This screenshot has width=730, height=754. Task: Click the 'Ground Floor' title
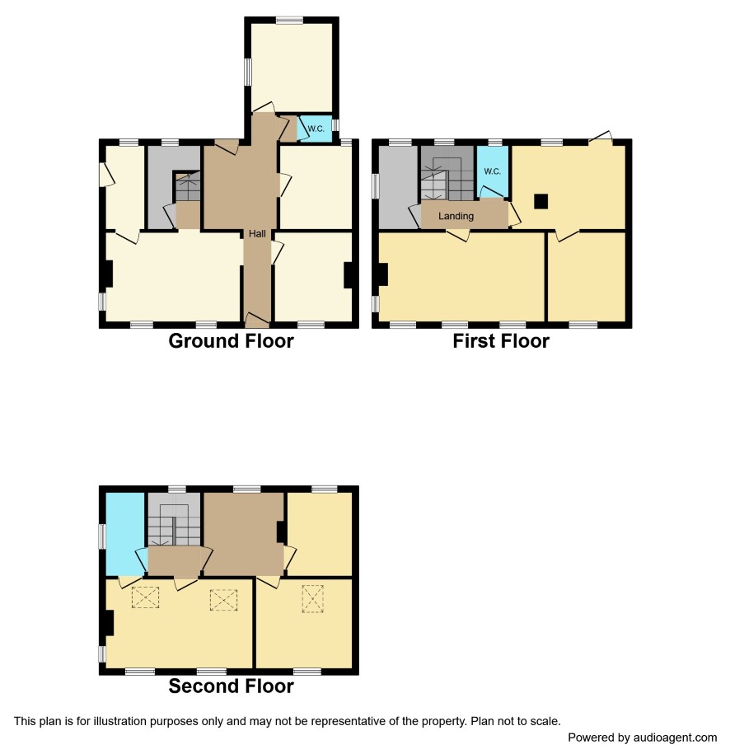tap(231, 341)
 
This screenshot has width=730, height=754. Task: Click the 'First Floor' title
tap(501, 341)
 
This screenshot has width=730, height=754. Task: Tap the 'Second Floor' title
tap(231, 686)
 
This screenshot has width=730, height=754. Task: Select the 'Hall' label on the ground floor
tap(257, 234)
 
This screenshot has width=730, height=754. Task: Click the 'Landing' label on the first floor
tap(456, 216)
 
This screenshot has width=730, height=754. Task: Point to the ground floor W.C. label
tap(316, 129)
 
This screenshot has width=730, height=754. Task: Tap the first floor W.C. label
tap(493, 171)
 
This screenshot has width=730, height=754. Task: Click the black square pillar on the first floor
tap(541, 201)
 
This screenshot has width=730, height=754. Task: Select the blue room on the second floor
tap(124, 534)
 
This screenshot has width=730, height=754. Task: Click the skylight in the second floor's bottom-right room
tap(312, 599)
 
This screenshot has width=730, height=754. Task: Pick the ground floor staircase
tap(188, 185)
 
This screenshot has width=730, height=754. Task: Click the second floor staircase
tap(174, 525)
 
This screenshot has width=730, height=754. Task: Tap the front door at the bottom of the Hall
tap(257, 319)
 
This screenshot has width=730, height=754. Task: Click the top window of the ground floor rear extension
tap(289, 21)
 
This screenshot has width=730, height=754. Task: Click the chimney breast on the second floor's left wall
tap(109, 623)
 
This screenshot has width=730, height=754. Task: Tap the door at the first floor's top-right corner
tap(601, 137)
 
